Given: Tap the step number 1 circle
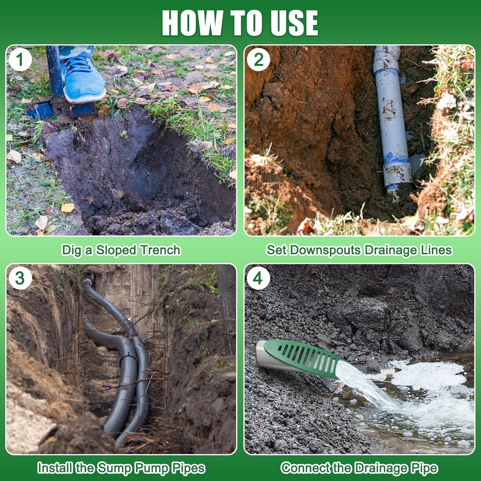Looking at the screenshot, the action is tap(20, 60).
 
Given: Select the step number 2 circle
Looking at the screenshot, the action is tap(258, 60).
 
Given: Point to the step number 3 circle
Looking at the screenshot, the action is tap(20, 278).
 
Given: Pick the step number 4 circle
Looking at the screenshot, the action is tap(258, 278).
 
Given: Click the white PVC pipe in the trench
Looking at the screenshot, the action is tap(392, 118).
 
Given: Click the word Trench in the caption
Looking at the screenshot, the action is tap(160, 250).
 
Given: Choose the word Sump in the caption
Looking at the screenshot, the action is tap(115, 468).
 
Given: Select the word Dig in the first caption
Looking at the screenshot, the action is tap(72, 250).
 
